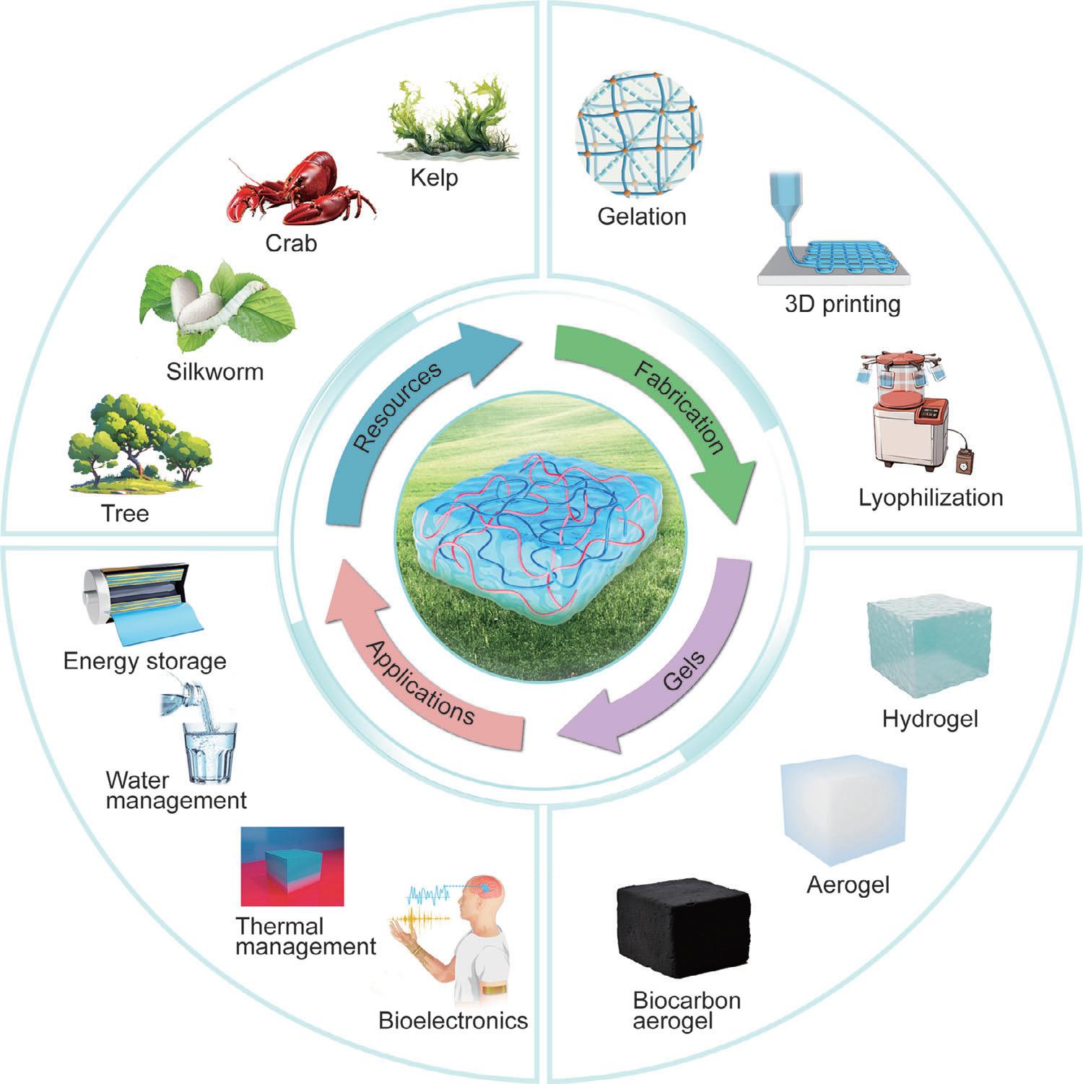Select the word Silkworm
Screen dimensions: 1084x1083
click(x=214, y=372)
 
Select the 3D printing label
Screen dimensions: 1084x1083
click(x=842, y=304)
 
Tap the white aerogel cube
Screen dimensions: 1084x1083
click(x=842, y=810)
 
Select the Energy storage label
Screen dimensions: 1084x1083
click(x=144, y=661)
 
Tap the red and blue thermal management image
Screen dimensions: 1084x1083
click(x=292, y=867)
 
